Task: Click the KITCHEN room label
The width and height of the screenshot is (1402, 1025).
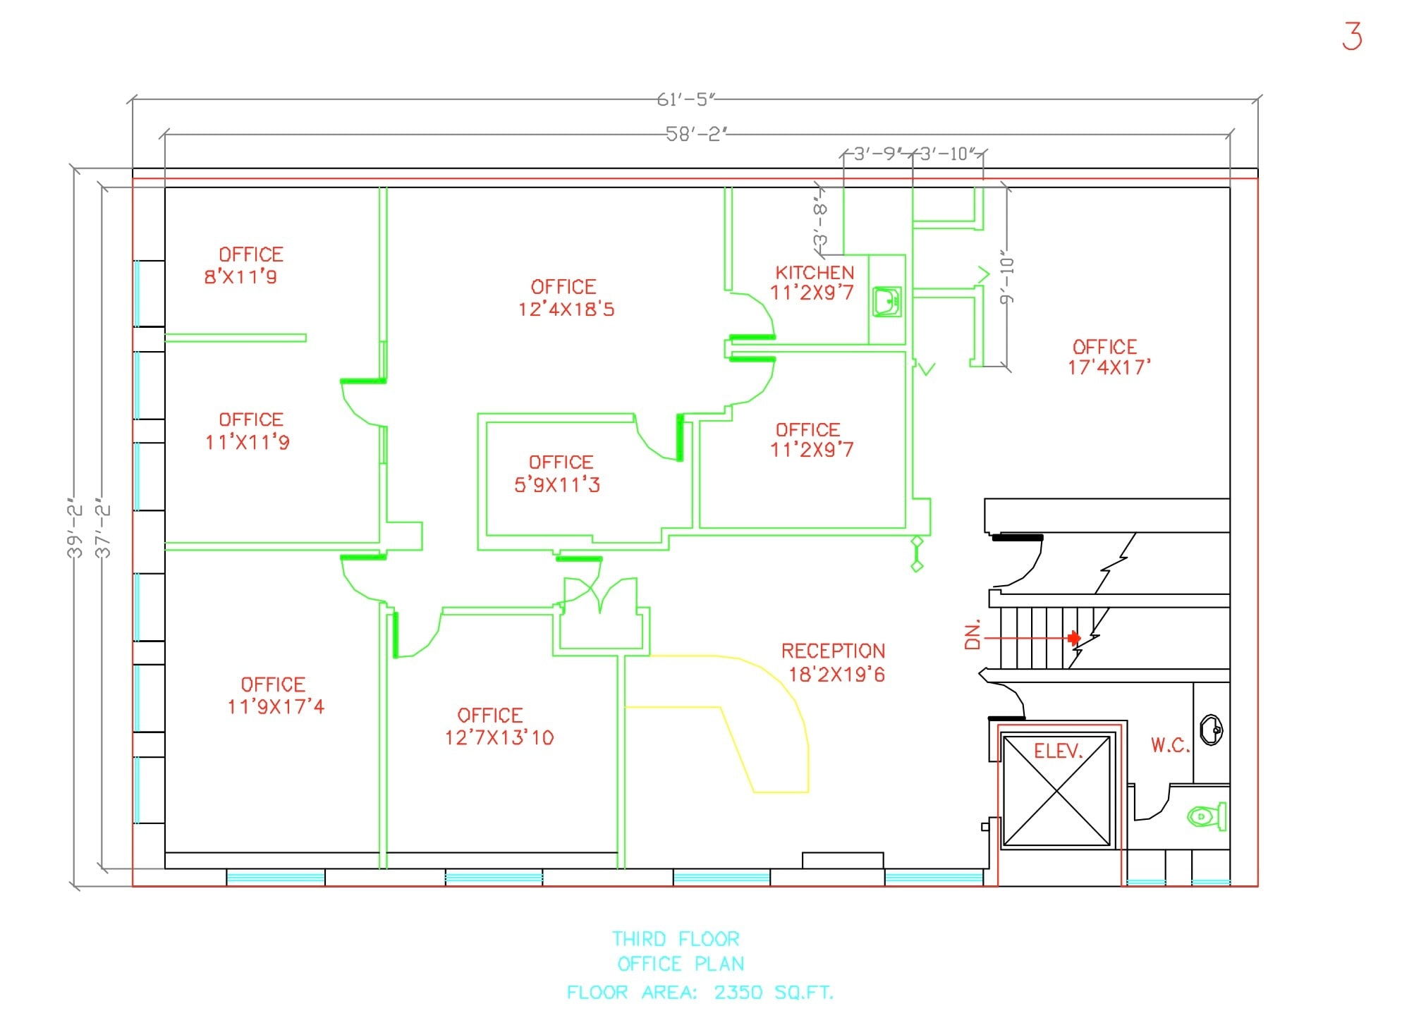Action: pos(814,274)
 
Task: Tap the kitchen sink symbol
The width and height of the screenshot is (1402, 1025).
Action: pos(886,302)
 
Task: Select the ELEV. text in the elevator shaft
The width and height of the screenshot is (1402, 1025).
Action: pos(1057,751)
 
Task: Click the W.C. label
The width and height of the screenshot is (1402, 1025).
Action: pos(1169,746)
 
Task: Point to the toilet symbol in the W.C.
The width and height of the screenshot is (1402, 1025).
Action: pos(1207,817)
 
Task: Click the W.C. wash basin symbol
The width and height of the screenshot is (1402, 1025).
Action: pos(1211,730)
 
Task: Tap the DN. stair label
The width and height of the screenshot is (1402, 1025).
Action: pos(973,634)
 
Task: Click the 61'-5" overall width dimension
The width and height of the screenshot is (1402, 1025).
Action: pos(685,100)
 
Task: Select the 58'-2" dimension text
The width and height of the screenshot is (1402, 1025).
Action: pos(696,134)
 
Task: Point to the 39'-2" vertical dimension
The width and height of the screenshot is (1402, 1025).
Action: pos(75,531)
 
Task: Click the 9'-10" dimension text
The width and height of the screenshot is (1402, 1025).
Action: pos(1007,281)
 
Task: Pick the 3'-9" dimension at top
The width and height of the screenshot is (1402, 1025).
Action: pos(874,154)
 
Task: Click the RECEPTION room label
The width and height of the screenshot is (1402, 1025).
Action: pos(833,651)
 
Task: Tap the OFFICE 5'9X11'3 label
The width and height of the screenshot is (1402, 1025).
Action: pos(559,474)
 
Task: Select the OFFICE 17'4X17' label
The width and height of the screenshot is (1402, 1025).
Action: pos(1108,357)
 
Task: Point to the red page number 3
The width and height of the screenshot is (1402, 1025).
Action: pos(1351,36)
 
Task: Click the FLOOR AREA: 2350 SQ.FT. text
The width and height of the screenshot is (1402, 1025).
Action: pos(700,993)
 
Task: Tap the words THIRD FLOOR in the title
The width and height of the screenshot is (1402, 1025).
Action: pos(675,939)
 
